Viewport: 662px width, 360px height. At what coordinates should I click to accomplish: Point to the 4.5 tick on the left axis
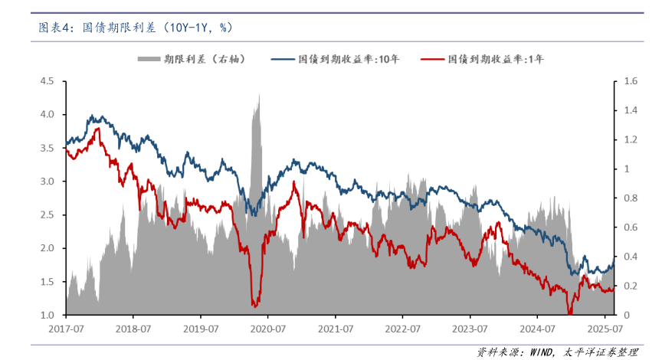tap(47, 80)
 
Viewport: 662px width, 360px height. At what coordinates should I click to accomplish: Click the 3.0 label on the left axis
tap(47, 182)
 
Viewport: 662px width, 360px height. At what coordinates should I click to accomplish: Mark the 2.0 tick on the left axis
tap(47, 248)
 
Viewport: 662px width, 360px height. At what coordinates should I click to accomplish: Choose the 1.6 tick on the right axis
tap(631, 80)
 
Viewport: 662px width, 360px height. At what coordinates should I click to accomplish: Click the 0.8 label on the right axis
tap(631, 198)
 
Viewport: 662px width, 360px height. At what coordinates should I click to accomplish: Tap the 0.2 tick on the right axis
tap(631, 286)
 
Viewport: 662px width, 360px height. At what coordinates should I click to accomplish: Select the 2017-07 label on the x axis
tap(65, 328)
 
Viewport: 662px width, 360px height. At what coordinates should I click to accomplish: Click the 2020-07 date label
tap(267, 328)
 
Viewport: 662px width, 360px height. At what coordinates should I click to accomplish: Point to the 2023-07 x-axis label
tap(470, 328)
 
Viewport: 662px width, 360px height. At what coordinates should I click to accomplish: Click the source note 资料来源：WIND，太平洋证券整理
tap(557, 352)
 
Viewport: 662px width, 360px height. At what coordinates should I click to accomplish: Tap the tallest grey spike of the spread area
tap(259, 95)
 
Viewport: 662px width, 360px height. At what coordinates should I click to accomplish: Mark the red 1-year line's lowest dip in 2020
tap(254, 306)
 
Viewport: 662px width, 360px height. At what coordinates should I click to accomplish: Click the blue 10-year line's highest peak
tap(92, 116)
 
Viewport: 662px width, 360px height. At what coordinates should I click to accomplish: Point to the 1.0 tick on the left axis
tap(47, 315)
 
